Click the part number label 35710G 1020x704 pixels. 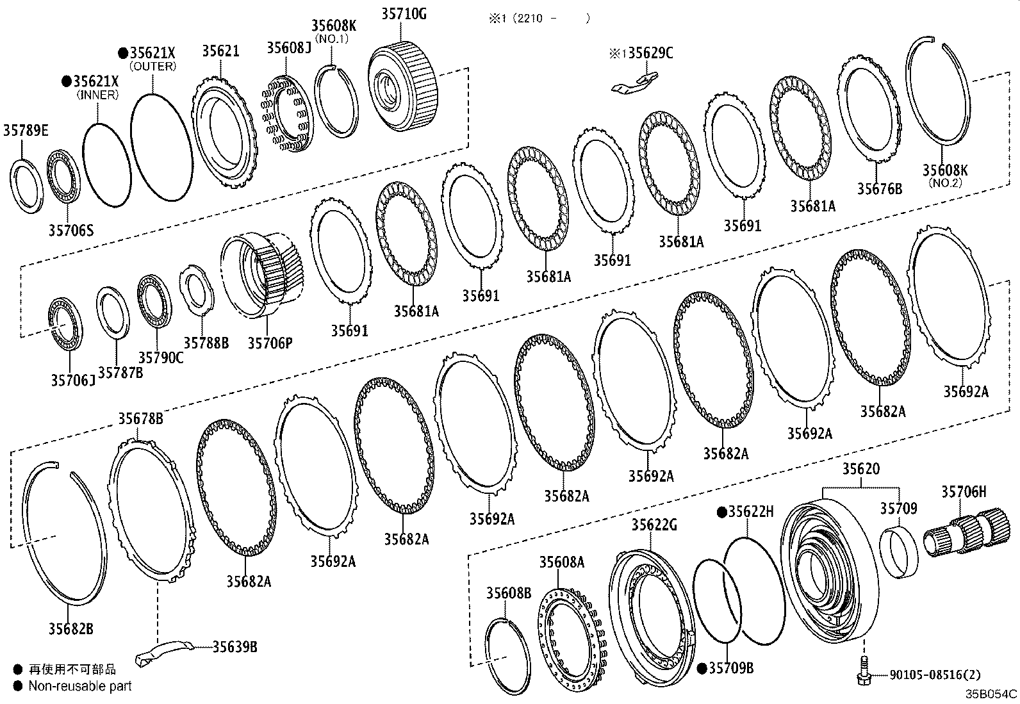pyautogui.click(x=403, y=13)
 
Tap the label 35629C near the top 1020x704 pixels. pyautogui.click(x=650, y=53)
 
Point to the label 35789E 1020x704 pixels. pyautogui.click(x=26, y=131)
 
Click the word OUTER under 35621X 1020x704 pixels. pyautogui.click(x=152, y=66)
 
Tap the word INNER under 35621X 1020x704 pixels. pyautogui.click(x=97, y=95)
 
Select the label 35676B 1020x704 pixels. pyautogui.click(x=879, y=189)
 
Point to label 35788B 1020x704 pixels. pyautogui.click(x=206, y=343)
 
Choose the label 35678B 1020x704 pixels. pyautogui.click(x=140, y=419)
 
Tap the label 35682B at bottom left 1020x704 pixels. pyautogui.click(x=70, y=629)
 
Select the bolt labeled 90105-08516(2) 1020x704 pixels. pyautogui.click(x=862, y=671)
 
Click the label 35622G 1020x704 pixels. pyautogui.click(x=654, y=525)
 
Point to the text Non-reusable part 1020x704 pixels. pyautogui.click(x=80, y=686)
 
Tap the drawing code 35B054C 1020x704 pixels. pyautogui.click(x=991, y=694)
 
